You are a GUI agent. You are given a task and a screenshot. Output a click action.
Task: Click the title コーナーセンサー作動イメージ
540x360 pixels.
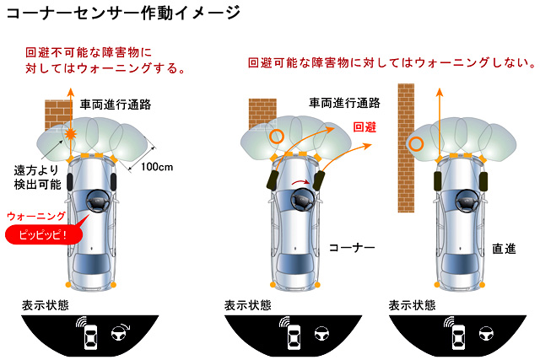click(x=122, y=13)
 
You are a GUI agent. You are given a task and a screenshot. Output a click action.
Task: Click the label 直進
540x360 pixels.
click(x=504, y=250)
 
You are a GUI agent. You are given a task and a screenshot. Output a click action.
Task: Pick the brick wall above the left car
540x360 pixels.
click(x=57, y=113)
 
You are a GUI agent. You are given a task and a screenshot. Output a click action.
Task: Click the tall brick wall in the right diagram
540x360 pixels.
click(x=406, y=126)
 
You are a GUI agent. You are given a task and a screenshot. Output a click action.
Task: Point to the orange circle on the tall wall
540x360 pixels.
click(x=415, y=142)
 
